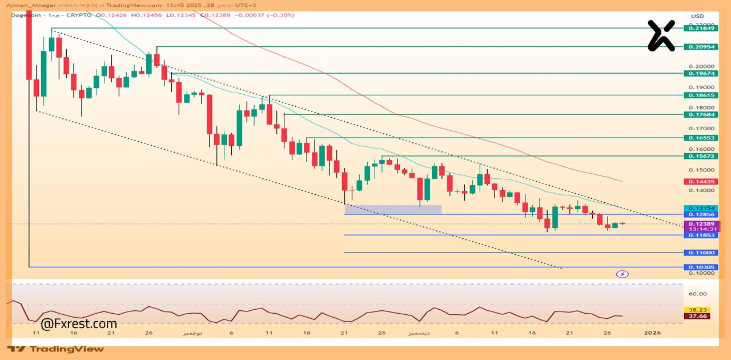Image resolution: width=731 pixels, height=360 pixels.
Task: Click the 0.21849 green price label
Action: (701, 28)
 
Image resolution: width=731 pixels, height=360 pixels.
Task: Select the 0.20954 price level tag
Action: (701, 47)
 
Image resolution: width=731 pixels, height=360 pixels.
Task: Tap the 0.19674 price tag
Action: (701, 73)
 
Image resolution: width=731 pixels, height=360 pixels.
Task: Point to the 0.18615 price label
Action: (701, 95)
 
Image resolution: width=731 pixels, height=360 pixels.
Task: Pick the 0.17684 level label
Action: (701, 114)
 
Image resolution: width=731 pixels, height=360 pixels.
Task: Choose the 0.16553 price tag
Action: (701, 138)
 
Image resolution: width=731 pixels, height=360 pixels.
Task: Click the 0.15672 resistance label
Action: (701, 156)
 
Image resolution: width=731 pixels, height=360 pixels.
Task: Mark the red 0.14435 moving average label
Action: (701, 182)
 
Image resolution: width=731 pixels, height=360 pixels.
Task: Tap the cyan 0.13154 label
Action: (701, 208)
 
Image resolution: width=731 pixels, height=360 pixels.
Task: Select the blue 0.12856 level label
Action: (701, 215)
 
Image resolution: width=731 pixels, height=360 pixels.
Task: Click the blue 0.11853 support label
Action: (701, 235)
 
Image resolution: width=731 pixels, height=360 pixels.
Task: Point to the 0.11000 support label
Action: (701, 253)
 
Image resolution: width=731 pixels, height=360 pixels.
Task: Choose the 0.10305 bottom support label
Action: (701, 267)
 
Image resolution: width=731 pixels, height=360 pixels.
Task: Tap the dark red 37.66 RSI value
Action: (697, 315)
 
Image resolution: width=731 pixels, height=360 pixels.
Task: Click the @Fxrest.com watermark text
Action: (79, 324)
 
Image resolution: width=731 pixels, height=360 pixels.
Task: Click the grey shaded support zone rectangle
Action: (393, 210)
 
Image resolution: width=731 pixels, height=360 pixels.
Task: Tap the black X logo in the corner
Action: (661, 35)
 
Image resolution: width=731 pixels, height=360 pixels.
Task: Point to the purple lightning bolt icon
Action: (622, 274)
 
